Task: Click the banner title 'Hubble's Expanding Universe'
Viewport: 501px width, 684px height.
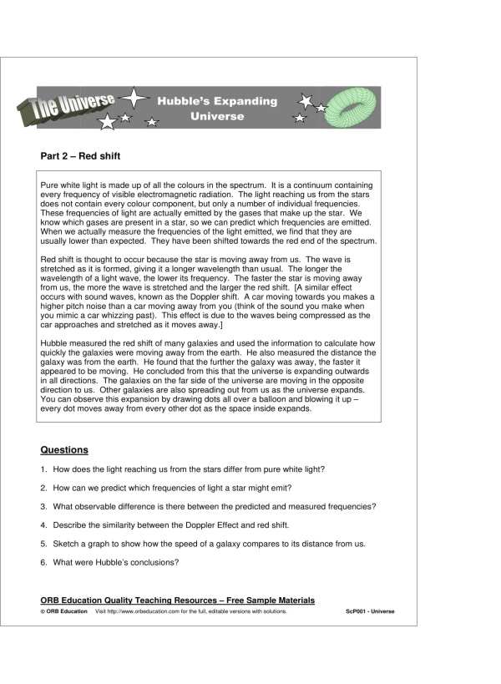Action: [x=217, y=109]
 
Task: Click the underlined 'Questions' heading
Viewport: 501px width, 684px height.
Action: [x=64, y=449]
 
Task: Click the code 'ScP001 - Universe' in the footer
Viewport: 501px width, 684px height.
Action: [x=370, y=611]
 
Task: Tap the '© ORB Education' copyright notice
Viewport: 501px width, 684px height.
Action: [x=63, y=611]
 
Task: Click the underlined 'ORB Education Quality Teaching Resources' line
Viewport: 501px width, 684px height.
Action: [x=177, y=600]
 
